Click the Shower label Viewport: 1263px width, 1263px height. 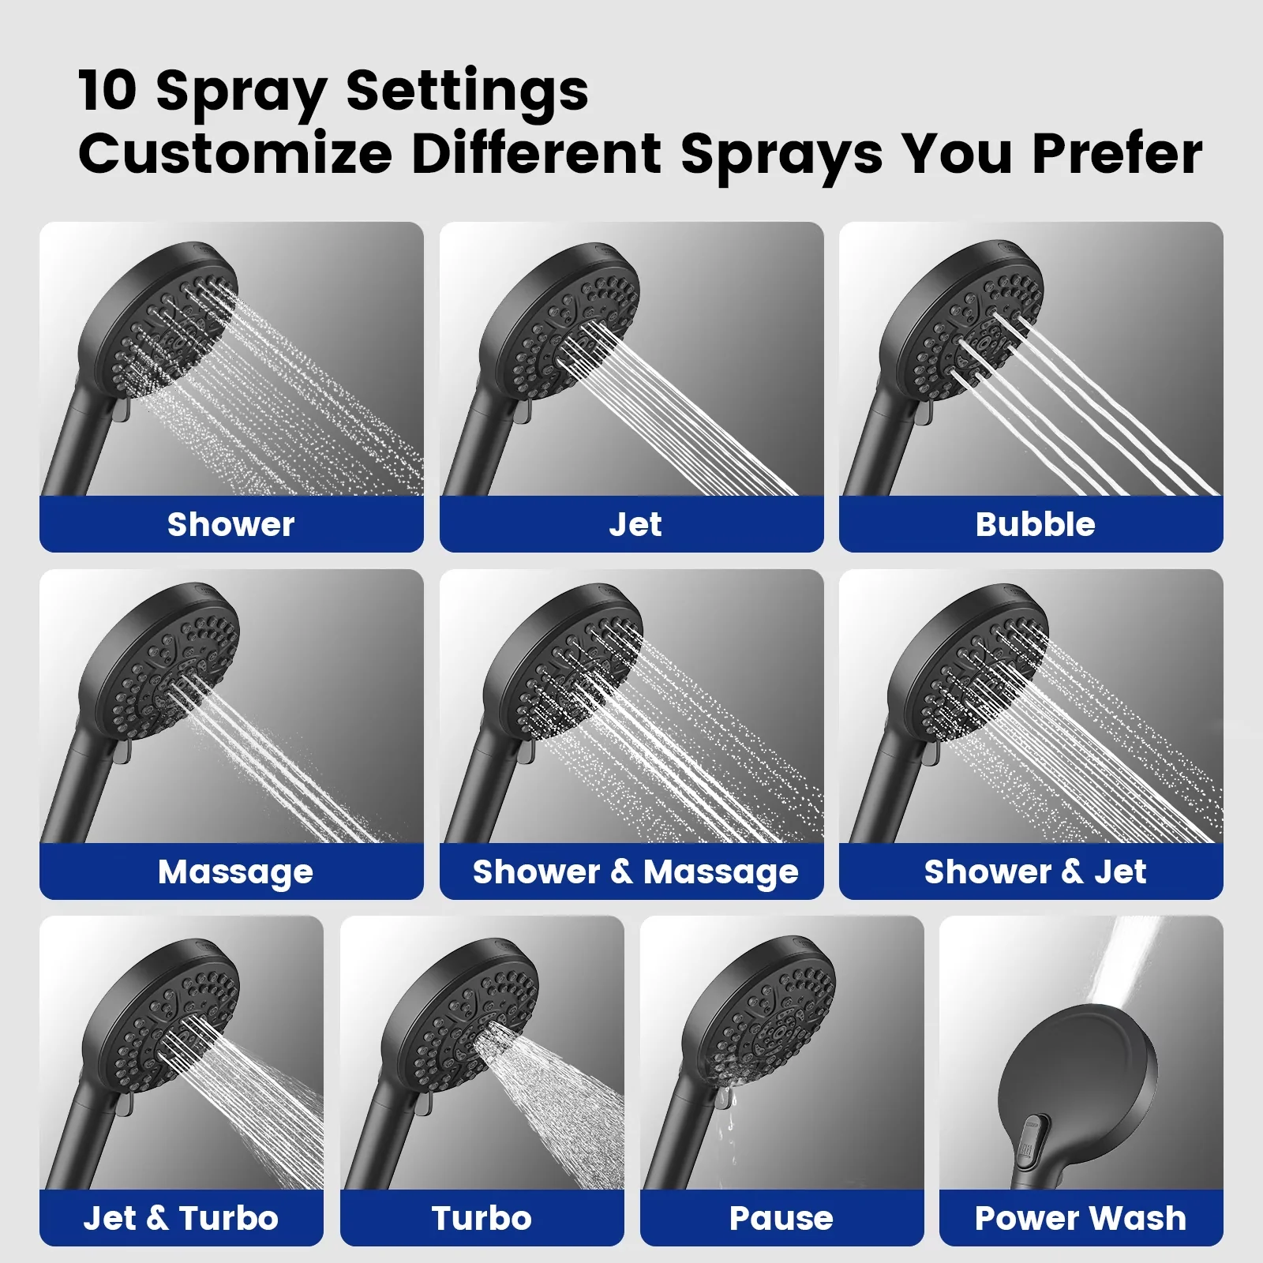pyautogui.click(x=231, y=524)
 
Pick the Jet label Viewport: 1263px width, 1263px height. pyautogui.click(x=635, y=524)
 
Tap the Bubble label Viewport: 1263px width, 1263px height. pyautogui.click(x=1035, y=524)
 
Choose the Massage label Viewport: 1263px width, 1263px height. pyautogui.click(x=235, y=872)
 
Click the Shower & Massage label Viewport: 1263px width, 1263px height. pyautogui.click(x=635, y=872)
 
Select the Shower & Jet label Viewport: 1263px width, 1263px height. pyautogui.click(x=1035, y=871)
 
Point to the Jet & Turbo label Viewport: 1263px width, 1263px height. pyautogui.click(x=181, y=1218)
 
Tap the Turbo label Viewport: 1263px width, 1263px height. pyautogui.click(x=482, y=1218)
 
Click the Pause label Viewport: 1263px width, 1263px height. pyautogui.click(x=781, y=1218)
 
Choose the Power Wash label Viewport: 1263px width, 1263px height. pyautogui.click(x=1081, y=1218)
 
